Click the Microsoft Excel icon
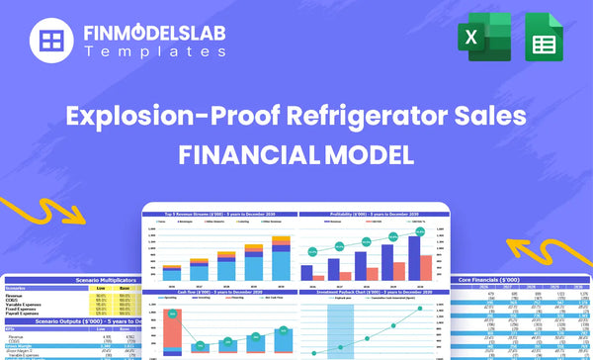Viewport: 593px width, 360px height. [x=482, y=41]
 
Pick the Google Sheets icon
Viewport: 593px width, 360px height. [x=542, y=41]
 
